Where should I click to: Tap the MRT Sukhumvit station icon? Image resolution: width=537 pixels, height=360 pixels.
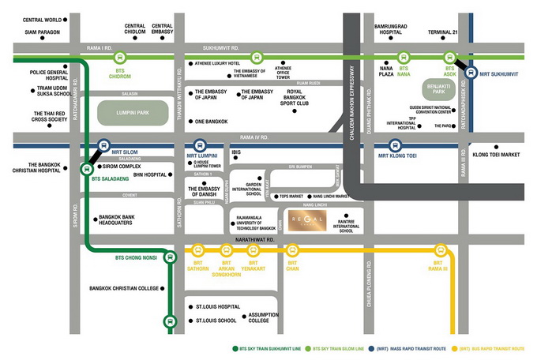click(471, 73)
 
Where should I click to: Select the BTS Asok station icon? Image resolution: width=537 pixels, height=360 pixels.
click(450, 58)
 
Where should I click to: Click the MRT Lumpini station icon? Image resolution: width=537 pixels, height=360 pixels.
click(201, 145)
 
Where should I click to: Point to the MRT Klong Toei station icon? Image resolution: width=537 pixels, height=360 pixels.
click(396, 145)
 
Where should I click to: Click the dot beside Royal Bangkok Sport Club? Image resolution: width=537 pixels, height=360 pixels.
click(295, 111)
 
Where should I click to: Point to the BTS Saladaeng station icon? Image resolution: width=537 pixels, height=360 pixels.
click(86, 167)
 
